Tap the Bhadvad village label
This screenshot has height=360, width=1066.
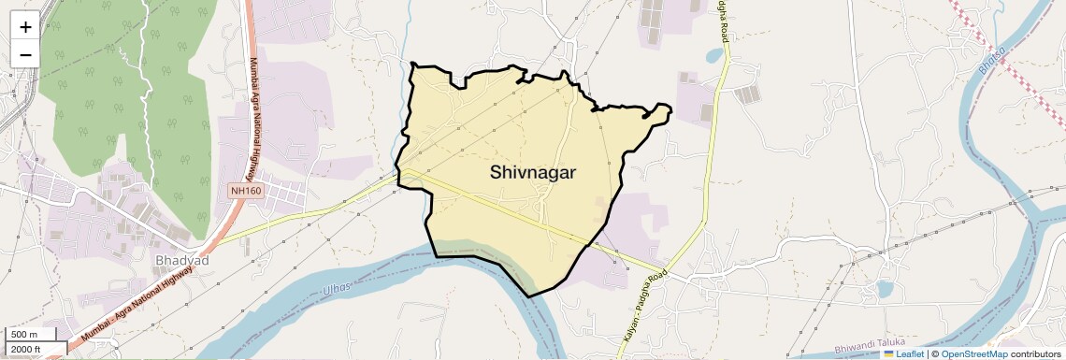click(x=178, y=259)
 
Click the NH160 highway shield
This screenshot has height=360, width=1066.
click(x=246, y=191)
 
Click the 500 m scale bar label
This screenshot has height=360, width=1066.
click(x=23, y=335)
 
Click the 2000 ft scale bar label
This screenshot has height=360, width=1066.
click(x=26, y=349)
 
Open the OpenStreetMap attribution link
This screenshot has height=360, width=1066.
click(x=973, y=353)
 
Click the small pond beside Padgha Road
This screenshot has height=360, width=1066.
click(x=714, y=55)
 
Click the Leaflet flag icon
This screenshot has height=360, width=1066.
click(x=889, y=353)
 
